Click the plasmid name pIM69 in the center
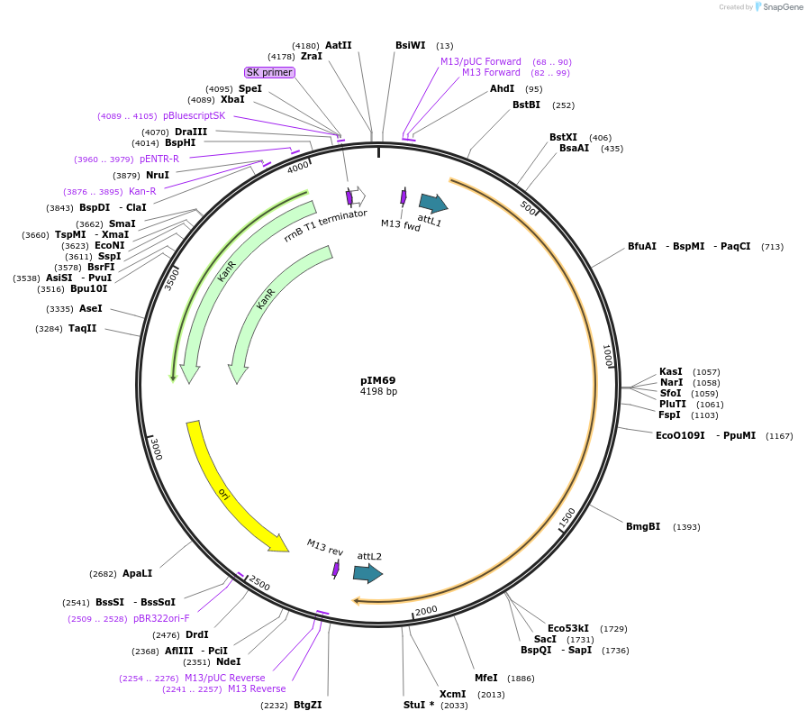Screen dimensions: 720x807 (x=378, y=380)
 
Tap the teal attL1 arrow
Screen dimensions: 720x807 (x=432, y=204)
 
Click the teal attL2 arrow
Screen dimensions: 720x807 (x=367, y=573)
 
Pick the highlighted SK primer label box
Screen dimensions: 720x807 (x=269, y=72)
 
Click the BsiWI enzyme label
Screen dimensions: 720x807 (x=410, y=45)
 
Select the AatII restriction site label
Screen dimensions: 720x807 (x=339, y=45)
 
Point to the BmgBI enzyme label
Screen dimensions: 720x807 (x=643, y=526)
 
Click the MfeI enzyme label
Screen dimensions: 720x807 (x=486, y=678)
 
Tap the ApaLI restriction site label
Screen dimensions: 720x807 (x=137, y=573)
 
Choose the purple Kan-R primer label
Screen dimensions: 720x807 (x=142, y=191)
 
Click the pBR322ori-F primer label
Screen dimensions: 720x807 (x=161, y=618)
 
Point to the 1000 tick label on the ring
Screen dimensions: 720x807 (x=608, y=356)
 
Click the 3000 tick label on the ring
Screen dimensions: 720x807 (x=156, y=448)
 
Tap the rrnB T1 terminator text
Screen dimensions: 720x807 (x=325, y=225)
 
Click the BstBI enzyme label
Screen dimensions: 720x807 (x=526, y=105)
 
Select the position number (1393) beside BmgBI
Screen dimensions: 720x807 (x=686, y=527)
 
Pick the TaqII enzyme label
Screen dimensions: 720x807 (x=82, y=328)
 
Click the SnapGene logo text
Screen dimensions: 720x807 (x=780, y=6)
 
